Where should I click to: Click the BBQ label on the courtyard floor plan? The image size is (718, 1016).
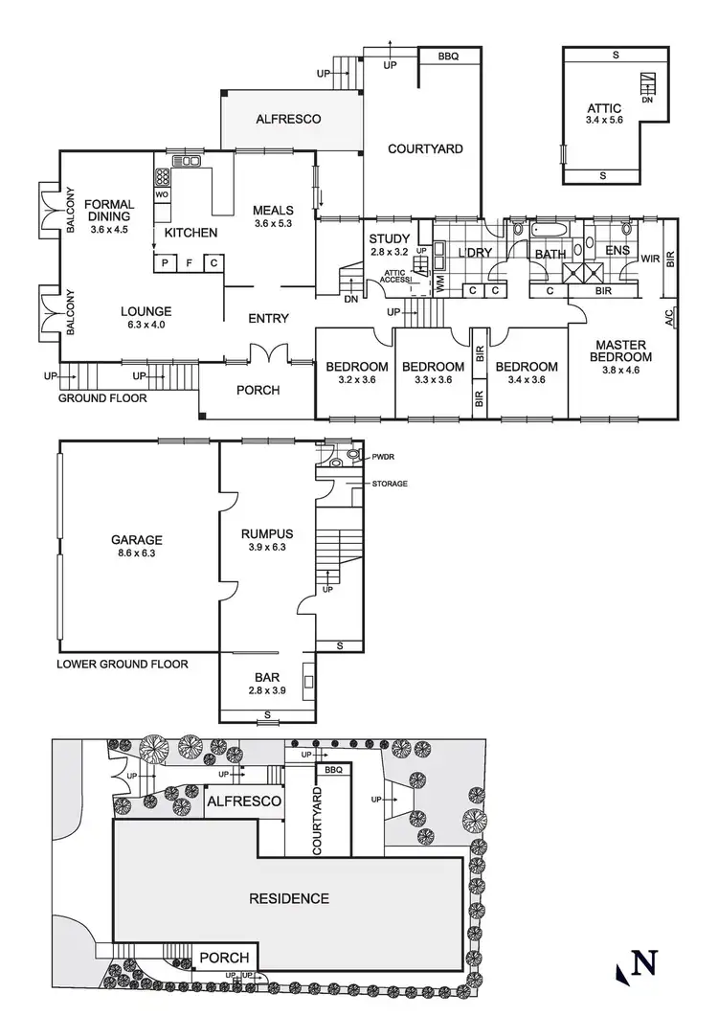448,56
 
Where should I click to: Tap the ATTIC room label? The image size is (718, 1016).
604,108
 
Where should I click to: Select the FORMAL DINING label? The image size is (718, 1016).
107,210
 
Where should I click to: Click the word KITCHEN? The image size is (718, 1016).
191,233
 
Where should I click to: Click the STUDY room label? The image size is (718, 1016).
390,239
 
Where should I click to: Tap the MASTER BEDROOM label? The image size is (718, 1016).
623,350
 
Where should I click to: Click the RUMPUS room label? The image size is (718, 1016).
267,533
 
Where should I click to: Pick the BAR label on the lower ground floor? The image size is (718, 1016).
267,676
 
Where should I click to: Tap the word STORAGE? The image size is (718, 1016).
390,484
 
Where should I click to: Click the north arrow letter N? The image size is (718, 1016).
647,962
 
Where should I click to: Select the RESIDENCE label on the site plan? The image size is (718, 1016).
289,898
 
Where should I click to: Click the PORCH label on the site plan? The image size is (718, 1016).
225,958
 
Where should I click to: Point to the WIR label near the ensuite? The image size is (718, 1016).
649,258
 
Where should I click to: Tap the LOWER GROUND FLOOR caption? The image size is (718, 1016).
123,663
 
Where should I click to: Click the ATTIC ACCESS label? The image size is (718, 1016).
395,278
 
